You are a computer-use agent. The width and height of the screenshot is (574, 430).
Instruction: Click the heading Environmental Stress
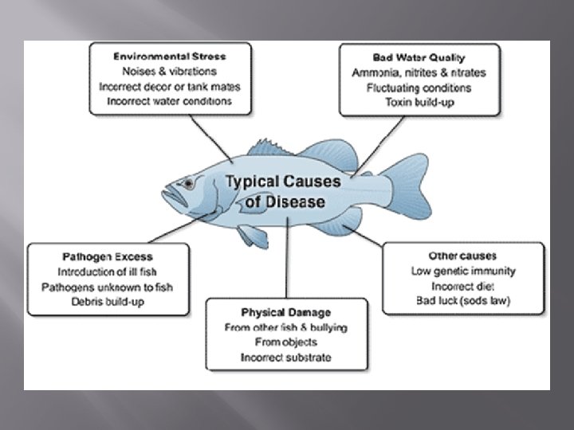point(169,57)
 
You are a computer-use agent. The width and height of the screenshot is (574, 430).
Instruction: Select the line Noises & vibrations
point(169,71)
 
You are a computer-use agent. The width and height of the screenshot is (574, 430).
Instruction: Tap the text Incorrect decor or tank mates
point(169,86)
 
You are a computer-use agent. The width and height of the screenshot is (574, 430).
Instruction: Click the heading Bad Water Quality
point(419,58)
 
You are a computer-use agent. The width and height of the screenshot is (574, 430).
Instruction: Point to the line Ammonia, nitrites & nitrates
point(419,73)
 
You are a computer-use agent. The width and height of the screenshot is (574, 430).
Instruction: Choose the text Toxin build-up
point(419,103)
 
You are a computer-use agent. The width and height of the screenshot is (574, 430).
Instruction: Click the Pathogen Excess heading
point(107,257)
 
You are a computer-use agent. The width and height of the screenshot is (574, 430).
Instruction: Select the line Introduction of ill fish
point(107,272)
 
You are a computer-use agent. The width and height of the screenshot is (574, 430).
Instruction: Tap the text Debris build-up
point(107,302)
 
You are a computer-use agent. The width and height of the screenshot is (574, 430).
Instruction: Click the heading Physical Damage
point(285,311)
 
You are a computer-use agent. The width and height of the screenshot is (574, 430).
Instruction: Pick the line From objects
point(285,342)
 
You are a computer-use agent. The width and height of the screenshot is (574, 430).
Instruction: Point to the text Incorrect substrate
point(285,357)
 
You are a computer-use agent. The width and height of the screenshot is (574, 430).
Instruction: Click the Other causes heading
point(462,256)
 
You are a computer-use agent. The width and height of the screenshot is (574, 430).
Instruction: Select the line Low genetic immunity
point(462,271)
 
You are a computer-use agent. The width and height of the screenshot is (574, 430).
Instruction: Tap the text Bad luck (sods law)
point(462,300)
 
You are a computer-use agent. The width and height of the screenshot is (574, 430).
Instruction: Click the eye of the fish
point(188,183)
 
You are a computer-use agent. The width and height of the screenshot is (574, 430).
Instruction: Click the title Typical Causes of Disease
point(284,191)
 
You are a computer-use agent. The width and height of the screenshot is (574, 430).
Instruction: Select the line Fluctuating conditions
point(419,88)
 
